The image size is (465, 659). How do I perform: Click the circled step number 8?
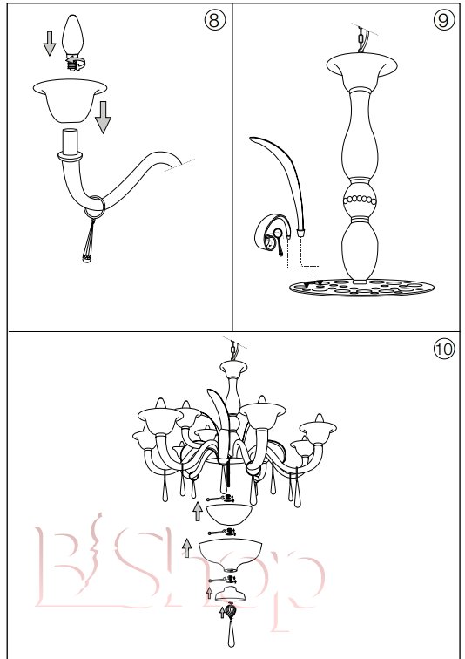214,20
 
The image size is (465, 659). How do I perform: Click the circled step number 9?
443,20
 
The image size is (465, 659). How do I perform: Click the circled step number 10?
443,350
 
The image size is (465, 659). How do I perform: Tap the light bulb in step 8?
73,42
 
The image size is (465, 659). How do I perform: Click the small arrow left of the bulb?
50,44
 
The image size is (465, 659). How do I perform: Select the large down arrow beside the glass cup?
103,118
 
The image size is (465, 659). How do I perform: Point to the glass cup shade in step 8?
70,101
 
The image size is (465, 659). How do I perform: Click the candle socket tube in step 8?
70,142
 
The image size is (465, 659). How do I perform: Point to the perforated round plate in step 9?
361,288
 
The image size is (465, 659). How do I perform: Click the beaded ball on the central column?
360,200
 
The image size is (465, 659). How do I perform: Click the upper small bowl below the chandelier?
230,514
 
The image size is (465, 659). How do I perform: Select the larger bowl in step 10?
230,554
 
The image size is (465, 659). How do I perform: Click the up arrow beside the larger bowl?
186,547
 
